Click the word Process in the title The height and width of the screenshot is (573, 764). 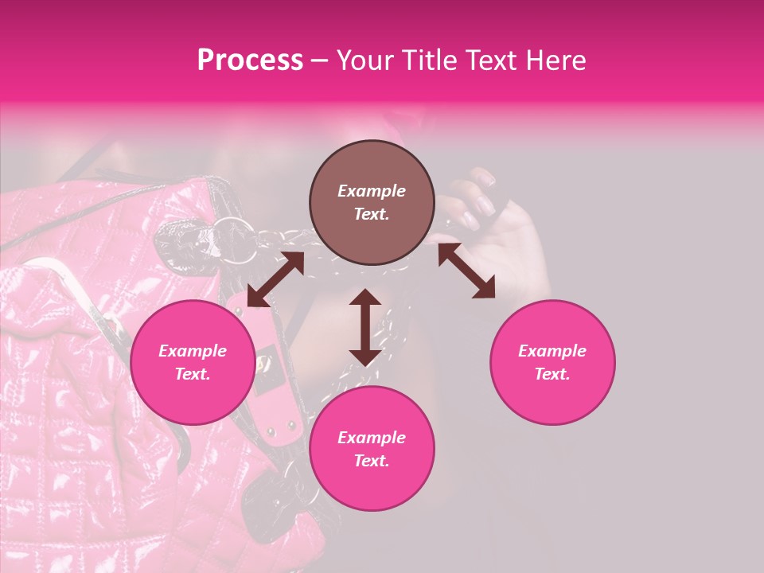click(x=250, y=60)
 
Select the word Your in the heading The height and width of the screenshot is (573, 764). click(x=364, y=60)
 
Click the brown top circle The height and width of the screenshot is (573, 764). click(x=372, y=202)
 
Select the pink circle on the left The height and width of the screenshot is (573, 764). click(x=193, y=362)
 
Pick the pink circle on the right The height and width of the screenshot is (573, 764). click(x=552, y=362)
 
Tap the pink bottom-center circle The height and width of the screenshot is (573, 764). click(x=372, y=449)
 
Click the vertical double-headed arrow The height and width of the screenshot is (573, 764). click(x=365, y=327)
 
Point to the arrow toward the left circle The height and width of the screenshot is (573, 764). click(x=275, y=279)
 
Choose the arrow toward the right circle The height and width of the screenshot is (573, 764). click(x=466, y=271)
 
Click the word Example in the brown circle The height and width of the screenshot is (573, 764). click(x=372, y=191)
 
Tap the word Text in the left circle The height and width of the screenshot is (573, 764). click(x=193, y=374)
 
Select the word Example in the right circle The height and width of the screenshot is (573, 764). click(x=552, y=351)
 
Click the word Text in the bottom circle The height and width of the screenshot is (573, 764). click(x=372, y=461)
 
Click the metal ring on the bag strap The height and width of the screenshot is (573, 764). click(x=236, y=232)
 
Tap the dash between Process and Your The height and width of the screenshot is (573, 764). click(x=319, y=60)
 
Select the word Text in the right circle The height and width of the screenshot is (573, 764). click(x=552, y=374)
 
